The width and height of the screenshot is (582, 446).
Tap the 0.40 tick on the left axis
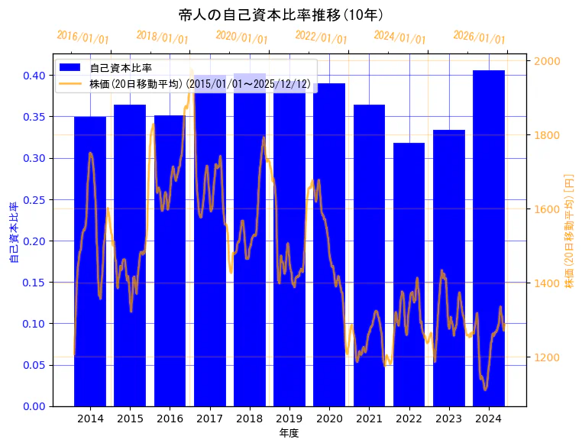(x=34, y=76)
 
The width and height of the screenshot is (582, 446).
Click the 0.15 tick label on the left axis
(x=34, y=283)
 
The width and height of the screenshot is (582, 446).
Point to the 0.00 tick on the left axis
(x=34, y=406)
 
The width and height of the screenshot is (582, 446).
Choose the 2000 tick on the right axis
(x=547, y=61)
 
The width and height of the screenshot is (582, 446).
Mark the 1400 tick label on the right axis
(x=547, y=283)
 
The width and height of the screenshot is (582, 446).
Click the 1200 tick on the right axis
(x=547, y=357)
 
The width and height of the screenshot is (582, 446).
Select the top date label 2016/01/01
(x=82, y=37)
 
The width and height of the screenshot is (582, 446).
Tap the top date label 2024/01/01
(x=399, y=37)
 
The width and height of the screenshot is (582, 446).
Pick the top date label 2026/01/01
(x=479, y=37)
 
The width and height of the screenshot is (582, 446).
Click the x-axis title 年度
(x=289, y=433)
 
